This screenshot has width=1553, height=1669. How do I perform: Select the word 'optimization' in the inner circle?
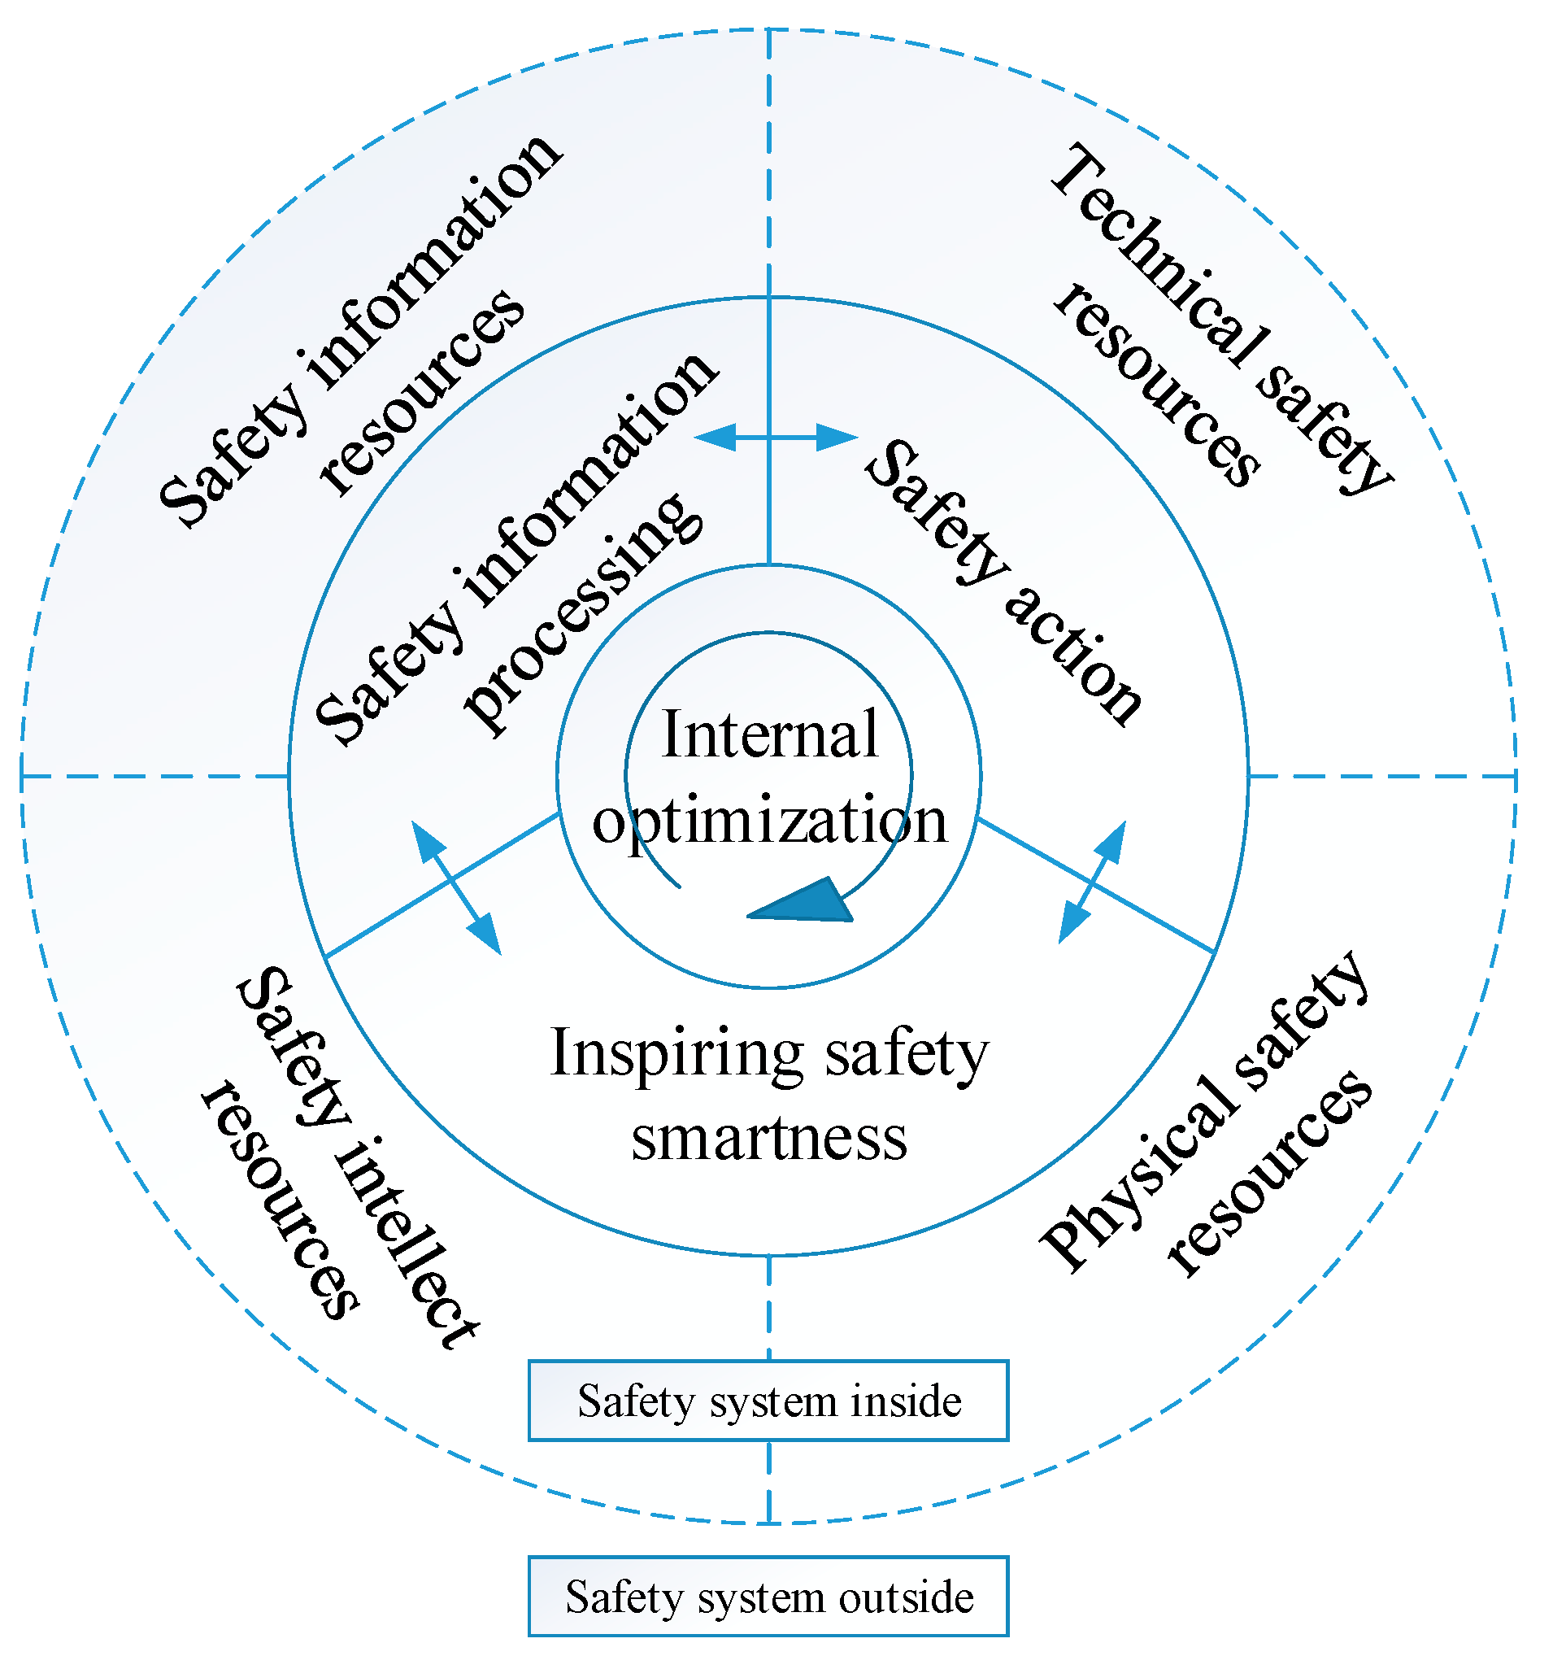click(x=769, y=820)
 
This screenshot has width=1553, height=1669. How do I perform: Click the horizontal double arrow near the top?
click(x=776, y=438)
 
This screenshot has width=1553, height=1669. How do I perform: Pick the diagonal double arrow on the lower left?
click(x=456, y=888)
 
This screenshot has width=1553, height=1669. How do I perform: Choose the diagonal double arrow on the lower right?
click(x=1091, y=882)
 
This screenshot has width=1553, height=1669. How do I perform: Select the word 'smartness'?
click(x=769, y=1139)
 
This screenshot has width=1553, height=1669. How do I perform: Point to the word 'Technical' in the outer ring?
click(x=1159, y=256)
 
